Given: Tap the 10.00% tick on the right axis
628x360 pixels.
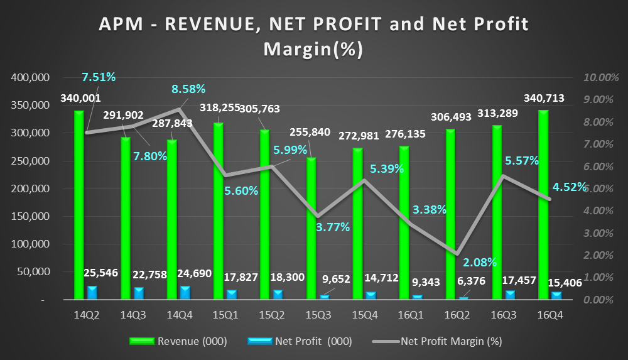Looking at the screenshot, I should point(600,78).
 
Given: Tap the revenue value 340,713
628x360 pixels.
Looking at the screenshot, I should point(543,98).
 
